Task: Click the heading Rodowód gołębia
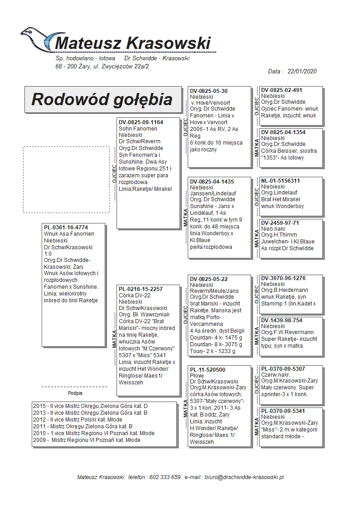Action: click(x=102, y=99)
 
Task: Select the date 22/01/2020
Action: click(x=302, y=71)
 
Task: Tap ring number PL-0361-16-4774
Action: click(x=66, y=228)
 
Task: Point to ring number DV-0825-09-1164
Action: click(x=141, y=122)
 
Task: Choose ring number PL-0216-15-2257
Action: click(x=141, y=289)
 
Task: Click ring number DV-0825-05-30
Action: click(x=209, y=91)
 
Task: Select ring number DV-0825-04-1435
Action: click(x=212, y=181)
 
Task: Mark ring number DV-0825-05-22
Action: click(x=209, y=279)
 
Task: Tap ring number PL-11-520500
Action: click(x=208, y=370)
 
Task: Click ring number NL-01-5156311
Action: click(x=281, y=180)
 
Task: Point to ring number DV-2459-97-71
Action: click(x=280, y=223)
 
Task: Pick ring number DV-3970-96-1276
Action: click(x=283, y=278)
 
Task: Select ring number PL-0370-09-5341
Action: click(x=283, y=411)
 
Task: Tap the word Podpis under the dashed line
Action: click(x=75, y=393)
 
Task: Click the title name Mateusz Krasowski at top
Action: click(x=132, y=44)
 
